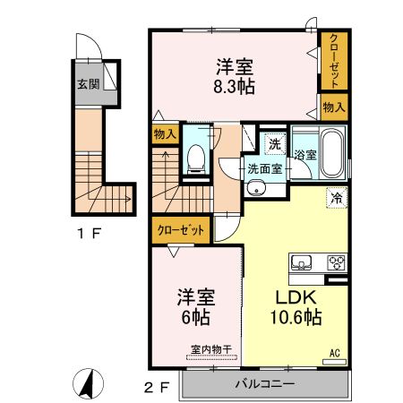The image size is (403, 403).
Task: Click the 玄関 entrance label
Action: click(x=89, y=84)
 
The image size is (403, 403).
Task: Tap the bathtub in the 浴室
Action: click(x=332, y=153)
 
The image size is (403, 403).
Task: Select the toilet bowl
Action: click(x=196, y=158)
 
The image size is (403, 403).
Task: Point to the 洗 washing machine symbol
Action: click(x=275, y=144)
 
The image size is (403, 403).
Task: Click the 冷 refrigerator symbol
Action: click(x=337, y=197)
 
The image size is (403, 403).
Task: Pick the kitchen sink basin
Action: click(x=301, y=263)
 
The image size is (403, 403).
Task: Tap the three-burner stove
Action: click(x=337, y=263)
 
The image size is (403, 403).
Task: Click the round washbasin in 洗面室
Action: click(x=256, y=188)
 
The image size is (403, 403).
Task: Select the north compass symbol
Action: click(x=89, y=383)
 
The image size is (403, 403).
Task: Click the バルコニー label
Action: click(x=265, y=383)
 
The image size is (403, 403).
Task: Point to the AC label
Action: click(x=335, y=354)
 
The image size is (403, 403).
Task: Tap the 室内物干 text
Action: click(x=211, y=349)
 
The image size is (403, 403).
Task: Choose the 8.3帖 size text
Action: click(x=235, y=87)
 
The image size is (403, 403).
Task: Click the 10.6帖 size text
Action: click(x=296, y=317)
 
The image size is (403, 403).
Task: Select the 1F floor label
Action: click(x=89, y=233)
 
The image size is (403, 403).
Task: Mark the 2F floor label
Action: click(x=157, y=388)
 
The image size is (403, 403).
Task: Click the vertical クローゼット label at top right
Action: click(x=334, y=61)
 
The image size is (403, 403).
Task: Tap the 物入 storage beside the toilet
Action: click(x=165, y=134)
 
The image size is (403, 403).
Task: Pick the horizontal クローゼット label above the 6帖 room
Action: click(x=181, y=230)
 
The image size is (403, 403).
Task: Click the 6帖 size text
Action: click(x=196, y=317)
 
